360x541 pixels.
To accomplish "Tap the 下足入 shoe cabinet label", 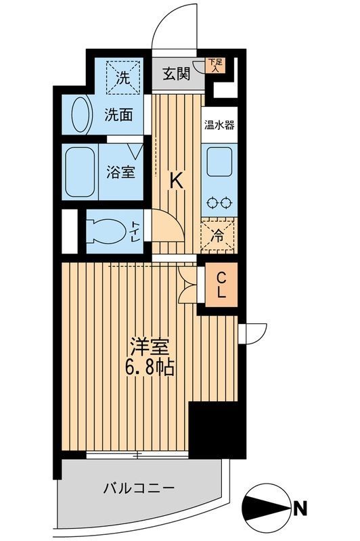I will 215,65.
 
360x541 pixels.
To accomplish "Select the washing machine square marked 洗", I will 124,77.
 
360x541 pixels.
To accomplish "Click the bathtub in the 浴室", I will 81,171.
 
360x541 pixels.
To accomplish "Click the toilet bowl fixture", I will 108,230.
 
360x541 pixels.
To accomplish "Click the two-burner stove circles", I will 219,202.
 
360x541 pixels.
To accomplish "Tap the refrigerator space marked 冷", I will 219,237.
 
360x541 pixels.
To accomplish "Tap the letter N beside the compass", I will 300,505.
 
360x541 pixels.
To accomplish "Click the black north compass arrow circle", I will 268,505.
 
